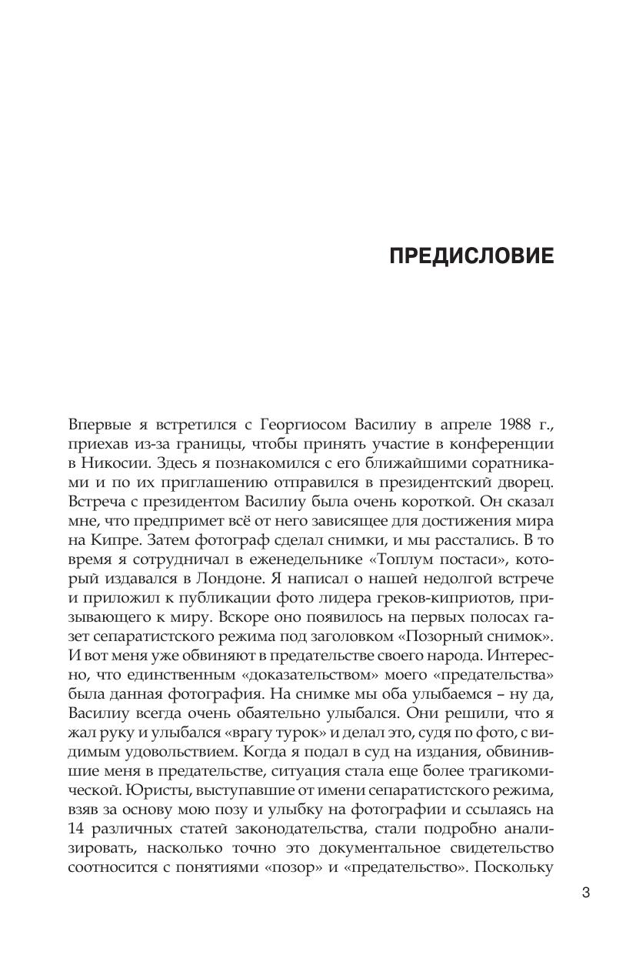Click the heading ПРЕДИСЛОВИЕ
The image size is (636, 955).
[471, 256]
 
